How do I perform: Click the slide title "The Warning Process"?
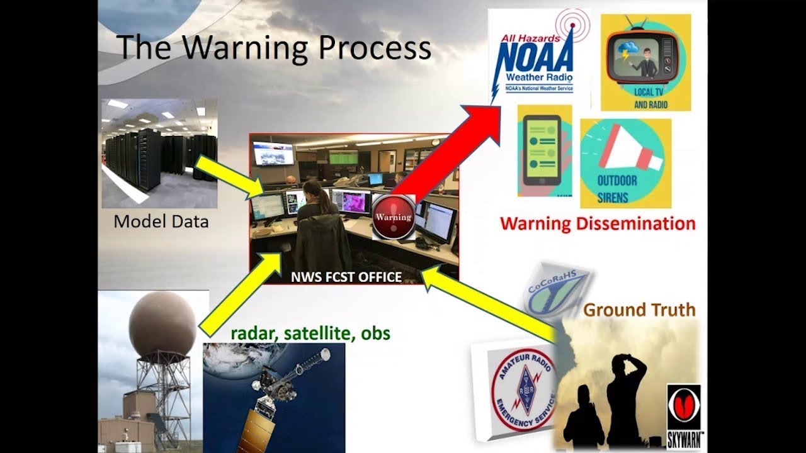274,48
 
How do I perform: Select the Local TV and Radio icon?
645,63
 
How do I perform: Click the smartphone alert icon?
544,151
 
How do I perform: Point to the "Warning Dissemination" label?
598,223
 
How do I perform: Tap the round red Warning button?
394,217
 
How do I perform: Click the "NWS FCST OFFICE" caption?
346,277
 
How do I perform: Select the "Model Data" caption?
161,221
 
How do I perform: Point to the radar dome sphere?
162,324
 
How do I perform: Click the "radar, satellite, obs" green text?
310,332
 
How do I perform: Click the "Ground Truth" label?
639,309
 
